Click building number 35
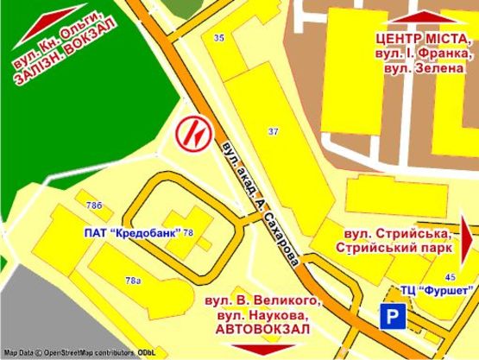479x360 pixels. (x=218, y=37)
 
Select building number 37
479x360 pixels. (x=274, y=131)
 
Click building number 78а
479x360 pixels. (x=133, y=281)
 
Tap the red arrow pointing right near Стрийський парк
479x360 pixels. (x=467, y=239)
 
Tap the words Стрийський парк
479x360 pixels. (x=394, y=249)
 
